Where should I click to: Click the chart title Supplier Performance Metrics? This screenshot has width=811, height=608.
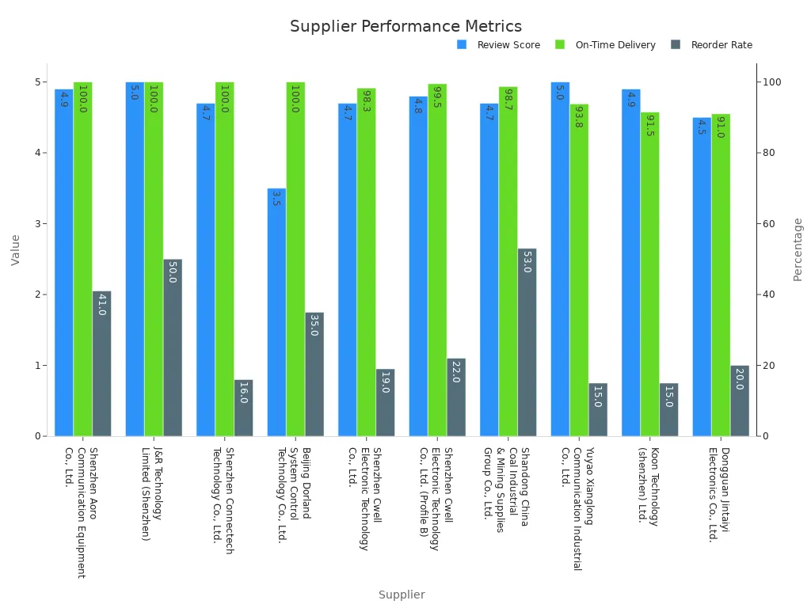click(405, 27)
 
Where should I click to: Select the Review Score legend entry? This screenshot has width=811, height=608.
click(508, 45)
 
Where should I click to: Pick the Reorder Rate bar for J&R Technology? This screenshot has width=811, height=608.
click(173, 348)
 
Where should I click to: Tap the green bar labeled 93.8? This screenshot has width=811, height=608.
click(579, 270)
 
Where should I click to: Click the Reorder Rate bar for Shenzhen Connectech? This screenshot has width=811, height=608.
click(243, 408)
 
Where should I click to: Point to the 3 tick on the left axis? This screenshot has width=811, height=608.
click(37, 224)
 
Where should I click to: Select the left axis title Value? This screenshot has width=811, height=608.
click(16, 249)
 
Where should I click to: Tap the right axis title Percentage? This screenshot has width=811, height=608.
click(798, 249)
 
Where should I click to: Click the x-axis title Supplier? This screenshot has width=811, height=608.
click(402, 595)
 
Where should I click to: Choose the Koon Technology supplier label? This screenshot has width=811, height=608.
click(649, 485)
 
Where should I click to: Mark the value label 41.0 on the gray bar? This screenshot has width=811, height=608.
click(101, 305)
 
